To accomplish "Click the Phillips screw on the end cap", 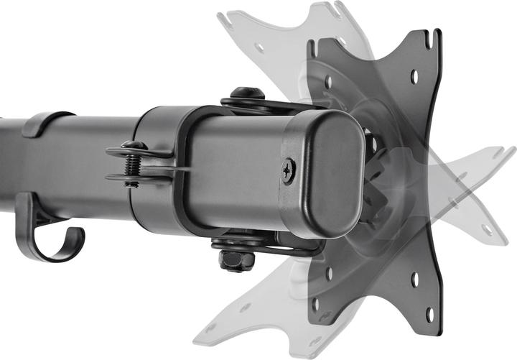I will (x=289, y=170).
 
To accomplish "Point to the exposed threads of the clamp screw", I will (x=131, y=172).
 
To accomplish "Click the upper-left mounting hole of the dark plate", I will (x=329, y=82).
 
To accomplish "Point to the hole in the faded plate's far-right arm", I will (x=496, y=154).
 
